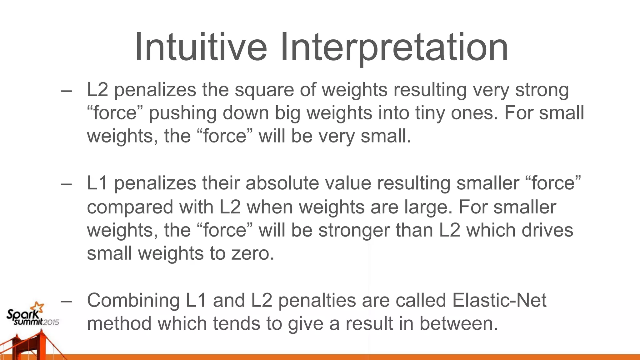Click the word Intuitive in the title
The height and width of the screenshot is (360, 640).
(x=201, y=47)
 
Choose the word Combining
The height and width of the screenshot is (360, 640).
(x=133, y=300)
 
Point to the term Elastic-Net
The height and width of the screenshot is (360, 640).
(x=499, y=300)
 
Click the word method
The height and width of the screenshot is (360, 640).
(x=119, y=323)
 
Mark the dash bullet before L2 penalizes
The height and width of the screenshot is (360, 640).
(x=66, y=91)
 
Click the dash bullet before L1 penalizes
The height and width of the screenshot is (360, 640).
(x=66, y=184)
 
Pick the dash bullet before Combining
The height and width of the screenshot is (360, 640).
(x=66, y=301)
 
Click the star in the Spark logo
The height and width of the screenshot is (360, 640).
(x=38, y=307)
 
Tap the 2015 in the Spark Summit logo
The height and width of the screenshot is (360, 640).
(x=51, y=322)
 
